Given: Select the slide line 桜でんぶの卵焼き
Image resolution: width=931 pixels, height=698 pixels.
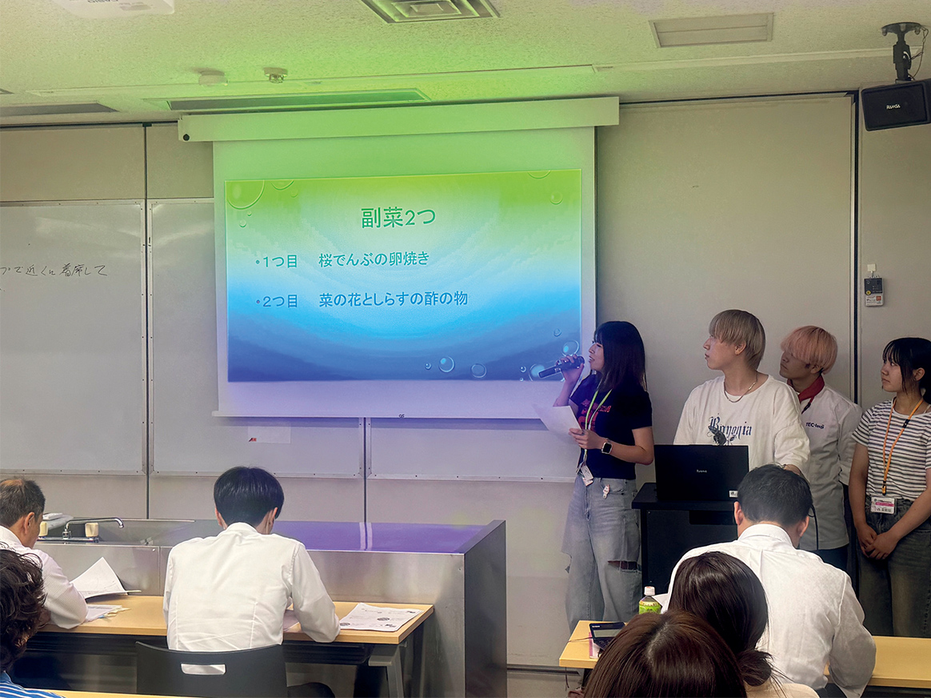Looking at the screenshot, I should pyautogui.click(x=374, y=259).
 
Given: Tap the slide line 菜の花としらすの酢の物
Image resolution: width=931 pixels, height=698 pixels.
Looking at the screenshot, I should pyautogui.click(x=393, y=299).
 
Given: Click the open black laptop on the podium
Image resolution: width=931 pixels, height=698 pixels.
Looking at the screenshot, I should pyautogui.click(x=701, y=472).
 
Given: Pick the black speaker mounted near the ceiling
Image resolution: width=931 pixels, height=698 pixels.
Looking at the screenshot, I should pyautogui.click(x=895, y=105).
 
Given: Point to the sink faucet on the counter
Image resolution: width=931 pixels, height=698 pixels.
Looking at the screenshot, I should pyautogui.click(x=92, y=524).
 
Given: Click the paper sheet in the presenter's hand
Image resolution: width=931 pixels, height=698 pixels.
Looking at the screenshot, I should pyautogui.click(x=558, y=419).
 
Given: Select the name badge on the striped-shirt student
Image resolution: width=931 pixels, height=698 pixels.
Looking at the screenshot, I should pyautogui.click(x=883, y=504).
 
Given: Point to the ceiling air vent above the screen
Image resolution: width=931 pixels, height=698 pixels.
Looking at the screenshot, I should pyautogui.click(x=430, y=9).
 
